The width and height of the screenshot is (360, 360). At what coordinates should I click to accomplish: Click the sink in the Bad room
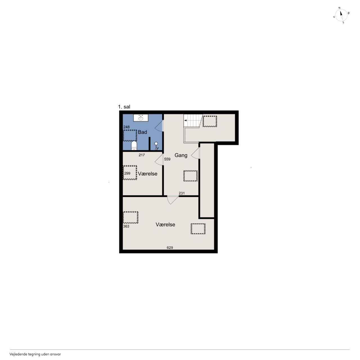point(141,118)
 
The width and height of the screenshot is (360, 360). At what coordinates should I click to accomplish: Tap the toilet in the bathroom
point(134,145)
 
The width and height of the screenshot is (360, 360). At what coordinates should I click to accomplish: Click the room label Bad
point(142,132)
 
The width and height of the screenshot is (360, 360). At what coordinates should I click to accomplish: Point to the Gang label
point(181,155)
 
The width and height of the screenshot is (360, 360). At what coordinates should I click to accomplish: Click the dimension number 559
point(167,159)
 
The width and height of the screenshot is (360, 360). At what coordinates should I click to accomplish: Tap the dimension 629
point(170,247)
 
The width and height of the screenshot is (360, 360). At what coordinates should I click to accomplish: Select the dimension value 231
point(182,193)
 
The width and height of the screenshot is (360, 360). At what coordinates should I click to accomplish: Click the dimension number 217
point(141,155)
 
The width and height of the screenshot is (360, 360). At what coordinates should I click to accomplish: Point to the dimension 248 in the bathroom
point(127,127)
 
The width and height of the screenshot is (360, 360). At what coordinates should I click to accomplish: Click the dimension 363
point(126,226)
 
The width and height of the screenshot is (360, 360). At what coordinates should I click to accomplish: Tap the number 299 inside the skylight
point(127,173)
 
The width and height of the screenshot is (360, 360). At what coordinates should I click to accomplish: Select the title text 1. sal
point(124,107)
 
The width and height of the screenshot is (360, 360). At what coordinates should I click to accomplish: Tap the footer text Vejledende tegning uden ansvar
point(35,354)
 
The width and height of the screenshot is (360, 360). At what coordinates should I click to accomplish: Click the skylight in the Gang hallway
point(190,176)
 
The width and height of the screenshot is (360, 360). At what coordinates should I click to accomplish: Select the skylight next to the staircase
point(210,121)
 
